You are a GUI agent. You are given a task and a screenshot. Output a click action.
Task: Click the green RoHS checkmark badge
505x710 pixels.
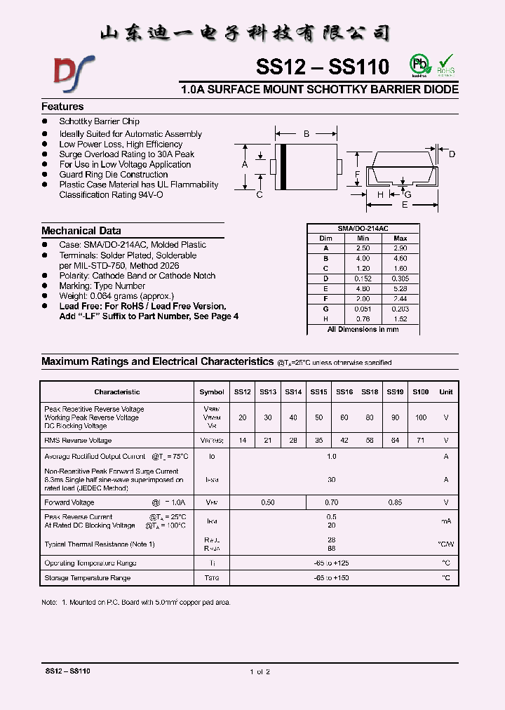point(446,65)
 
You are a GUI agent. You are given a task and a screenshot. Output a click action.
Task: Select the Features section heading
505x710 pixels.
point(62,107)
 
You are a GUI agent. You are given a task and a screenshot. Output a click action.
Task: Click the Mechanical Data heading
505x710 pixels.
point(81,231)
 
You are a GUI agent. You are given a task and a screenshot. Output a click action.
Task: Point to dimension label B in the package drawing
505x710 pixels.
point(306,133)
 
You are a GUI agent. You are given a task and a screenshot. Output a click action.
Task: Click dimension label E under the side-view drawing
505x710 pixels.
point(404,205)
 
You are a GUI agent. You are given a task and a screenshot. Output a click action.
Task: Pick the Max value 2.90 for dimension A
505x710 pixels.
point(400,248)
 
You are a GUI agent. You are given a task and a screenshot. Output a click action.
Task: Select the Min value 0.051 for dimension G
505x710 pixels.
point(363,309)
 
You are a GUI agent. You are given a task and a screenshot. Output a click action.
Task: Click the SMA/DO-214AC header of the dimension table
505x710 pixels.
point(363,229)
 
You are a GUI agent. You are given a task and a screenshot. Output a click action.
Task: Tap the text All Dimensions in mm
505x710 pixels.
point(363,329)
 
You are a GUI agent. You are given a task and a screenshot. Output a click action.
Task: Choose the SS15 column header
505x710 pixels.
point(318,392)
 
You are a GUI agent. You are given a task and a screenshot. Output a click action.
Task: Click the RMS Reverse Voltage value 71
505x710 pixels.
point(420,441)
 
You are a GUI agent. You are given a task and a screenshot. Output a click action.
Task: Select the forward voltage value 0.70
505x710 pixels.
point(331,502)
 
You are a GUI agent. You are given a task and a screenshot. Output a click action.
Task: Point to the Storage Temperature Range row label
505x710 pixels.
point(87,578)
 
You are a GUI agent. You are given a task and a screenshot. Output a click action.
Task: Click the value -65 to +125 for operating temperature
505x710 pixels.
point(331,563)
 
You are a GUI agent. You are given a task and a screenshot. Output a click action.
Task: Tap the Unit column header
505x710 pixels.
point(445,392)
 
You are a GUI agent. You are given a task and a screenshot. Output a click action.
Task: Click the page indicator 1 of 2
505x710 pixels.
point(260,671)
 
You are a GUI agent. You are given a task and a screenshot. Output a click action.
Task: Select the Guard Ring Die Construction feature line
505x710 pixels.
point(113,175)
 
